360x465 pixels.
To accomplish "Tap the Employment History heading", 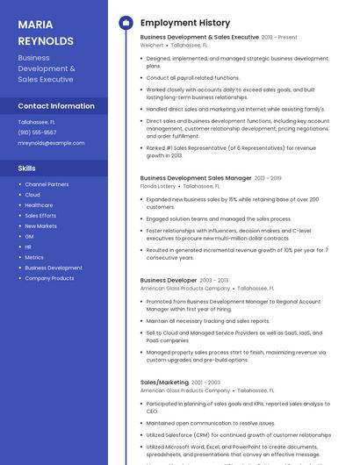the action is [x=184, y=23].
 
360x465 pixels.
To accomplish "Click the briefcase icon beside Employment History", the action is [x=125, y=23].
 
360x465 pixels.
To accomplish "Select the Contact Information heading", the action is [x=56, y=106].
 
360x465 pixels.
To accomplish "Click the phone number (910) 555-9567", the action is [x=37, y=132].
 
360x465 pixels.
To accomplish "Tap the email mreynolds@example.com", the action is [x=51, y=143].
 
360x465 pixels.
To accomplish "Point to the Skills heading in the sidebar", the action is [x=27, y=168].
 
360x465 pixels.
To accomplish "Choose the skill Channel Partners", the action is [x=47, y=184].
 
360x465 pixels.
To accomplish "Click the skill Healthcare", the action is [x=39, y=205].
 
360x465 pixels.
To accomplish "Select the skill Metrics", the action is [x=34, y=257].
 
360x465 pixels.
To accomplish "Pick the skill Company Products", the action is [x=49, y=278].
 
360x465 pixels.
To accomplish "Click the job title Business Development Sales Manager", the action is [x=196, y=178].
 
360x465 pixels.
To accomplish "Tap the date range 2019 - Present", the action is [x=279, y=38].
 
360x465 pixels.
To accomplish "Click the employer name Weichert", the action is [x=152, y=45].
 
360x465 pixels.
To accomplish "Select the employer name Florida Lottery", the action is [x=158, y=186].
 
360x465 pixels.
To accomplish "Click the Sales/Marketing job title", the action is [x=164, y=383].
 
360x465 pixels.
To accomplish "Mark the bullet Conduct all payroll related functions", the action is [x=192, y=78].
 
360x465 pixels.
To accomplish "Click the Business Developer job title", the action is [x=168, y=281].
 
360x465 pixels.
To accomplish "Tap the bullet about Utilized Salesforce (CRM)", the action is [x=238, y=435].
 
